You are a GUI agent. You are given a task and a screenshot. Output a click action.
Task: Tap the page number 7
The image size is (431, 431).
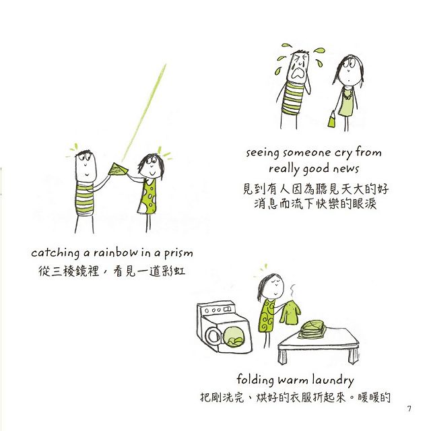[x=409, y=409]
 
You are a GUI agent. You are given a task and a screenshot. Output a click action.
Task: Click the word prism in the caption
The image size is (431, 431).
[x=178, y=253]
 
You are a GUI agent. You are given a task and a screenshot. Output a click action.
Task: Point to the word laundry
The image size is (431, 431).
[x=333, y=380]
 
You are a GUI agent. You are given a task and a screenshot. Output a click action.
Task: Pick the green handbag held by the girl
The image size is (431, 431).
[x=332, y=119]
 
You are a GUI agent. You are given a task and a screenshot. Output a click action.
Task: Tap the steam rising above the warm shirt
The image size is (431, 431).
[x=293, y=292]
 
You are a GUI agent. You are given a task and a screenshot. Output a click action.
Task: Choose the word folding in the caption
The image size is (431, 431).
[x=255, y=380]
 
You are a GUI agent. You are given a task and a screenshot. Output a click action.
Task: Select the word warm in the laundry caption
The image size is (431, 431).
[x=292, y=380]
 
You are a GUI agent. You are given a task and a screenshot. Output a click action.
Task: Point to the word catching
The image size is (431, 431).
[x=55, y=253]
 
